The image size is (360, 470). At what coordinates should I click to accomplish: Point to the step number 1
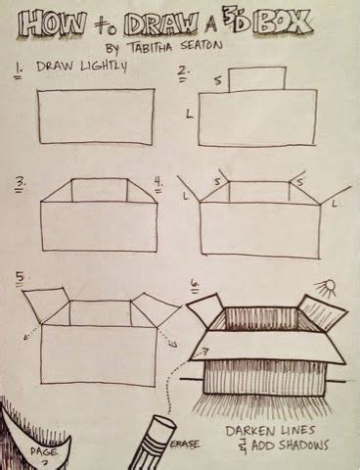coord(19,70)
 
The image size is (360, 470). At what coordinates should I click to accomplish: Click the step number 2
coord(183,70)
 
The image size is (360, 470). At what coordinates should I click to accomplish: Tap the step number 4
coord(158,181)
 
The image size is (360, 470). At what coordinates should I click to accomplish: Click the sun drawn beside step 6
coord(324,287)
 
